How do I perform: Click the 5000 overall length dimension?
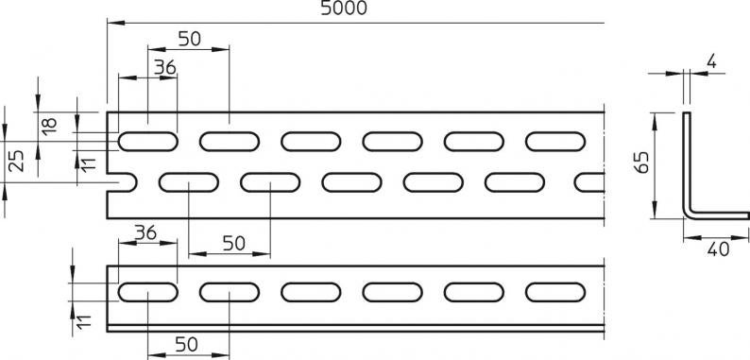pyautogui.click(x=344, y=9)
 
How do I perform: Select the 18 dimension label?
pyautogui.click(x=49, y=126)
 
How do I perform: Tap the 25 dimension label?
pyautogui.click(x=17, y=161)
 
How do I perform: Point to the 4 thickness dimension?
pyautogui.click(x=711, y=61)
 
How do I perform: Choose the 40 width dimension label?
pyautogui.click(x=719, y=249)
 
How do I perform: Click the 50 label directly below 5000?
pyautogui.click(x=190, y=39)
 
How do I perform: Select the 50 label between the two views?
pyautogui.click(x=234, y=244)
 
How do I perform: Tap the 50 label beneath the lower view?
pyautogui.click(x=186, y=344)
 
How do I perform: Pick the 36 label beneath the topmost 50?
pyautogui.click(x=165, y=67)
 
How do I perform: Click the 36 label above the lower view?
pyautogui.click(x=145, y=232)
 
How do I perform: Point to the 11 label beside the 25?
pyautogui.click(x=89, y=163)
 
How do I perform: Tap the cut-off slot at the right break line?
pyautogui.click(x=589, y=182)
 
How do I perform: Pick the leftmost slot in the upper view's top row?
pyautogui.click(x=147, y=141)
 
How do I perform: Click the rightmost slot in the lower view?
pyautogui.click(x=555, y=292)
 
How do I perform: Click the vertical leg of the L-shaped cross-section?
pyautogui.click(x=687, y=163)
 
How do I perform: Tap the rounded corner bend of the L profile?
pyautogui.click(x=688, y=214)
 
